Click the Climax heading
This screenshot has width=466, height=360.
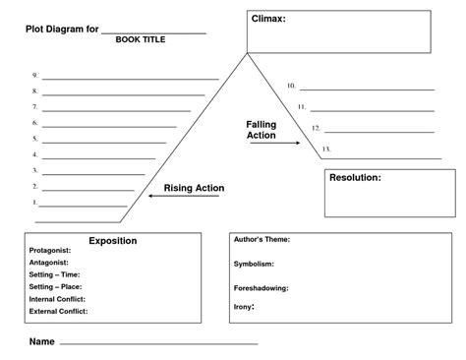point(269,19)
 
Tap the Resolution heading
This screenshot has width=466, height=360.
point(355,178)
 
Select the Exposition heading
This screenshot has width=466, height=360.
point(113,241)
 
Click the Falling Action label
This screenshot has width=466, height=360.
point(261,130)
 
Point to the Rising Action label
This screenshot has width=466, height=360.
point(194,188)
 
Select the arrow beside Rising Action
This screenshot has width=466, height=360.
point(167,197)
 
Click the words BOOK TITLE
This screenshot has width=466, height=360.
point(141,39)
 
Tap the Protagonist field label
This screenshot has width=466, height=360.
point(50,251)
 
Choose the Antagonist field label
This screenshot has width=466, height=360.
point(49,263)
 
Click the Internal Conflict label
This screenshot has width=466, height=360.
point(57,298)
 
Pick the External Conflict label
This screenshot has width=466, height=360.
point(58,311)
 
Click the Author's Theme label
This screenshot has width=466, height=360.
point(262,239)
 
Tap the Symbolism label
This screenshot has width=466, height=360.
point(254,264)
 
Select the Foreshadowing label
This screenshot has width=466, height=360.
point(261,288)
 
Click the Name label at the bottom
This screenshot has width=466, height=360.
point(41,341)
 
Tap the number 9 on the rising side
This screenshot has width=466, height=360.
point(34,76)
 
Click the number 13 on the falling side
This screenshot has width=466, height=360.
point(325,150)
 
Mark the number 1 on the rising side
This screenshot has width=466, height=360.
point(35,203)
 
